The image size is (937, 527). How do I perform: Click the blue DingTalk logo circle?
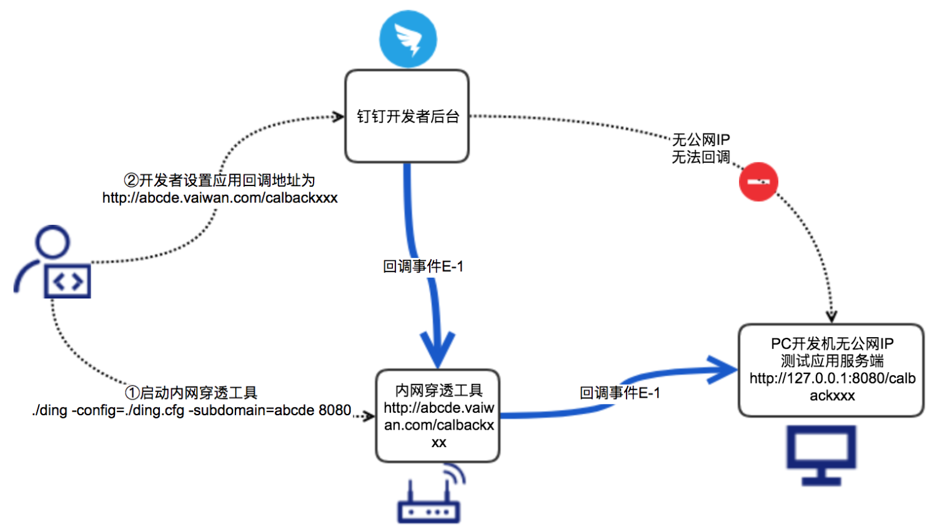(408, 38)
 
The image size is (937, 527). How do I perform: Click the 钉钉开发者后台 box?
(407, 116)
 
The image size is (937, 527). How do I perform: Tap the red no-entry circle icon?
(758, 182)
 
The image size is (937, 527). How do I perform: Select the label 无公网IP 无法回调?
(701, 149)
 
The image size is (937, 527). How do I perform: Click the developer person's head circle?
(52, 242)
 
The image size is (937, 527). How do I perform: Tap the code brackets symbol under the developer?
(67, 282)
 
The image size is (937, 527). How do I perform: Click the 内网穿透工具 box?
(438, 416)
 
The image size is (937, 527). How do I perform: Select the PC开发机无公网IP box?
(831, 370)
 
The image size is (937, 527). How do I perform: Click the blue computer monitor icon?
(821, 455)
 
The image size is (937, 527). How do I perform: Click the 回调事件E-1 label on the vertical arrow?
(423, 267)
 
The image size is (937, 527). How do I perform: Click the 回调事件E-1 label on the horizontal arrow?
(620, 393)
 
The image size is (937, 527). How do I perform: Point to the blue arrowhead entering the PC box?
(725, 370)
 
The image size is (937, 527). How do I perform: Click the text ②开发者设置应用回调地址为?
(219, 180)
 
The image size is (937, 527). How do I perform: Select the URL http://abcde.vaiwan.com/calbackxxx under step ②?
(220, 198)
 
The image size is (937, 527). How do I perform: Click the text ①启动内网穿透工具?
(191, 393)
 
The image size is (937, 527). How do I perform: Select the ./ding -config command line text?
(192, 410)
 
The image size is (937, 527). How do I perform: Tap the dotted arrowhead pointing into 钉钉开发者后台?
(338, 117)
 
